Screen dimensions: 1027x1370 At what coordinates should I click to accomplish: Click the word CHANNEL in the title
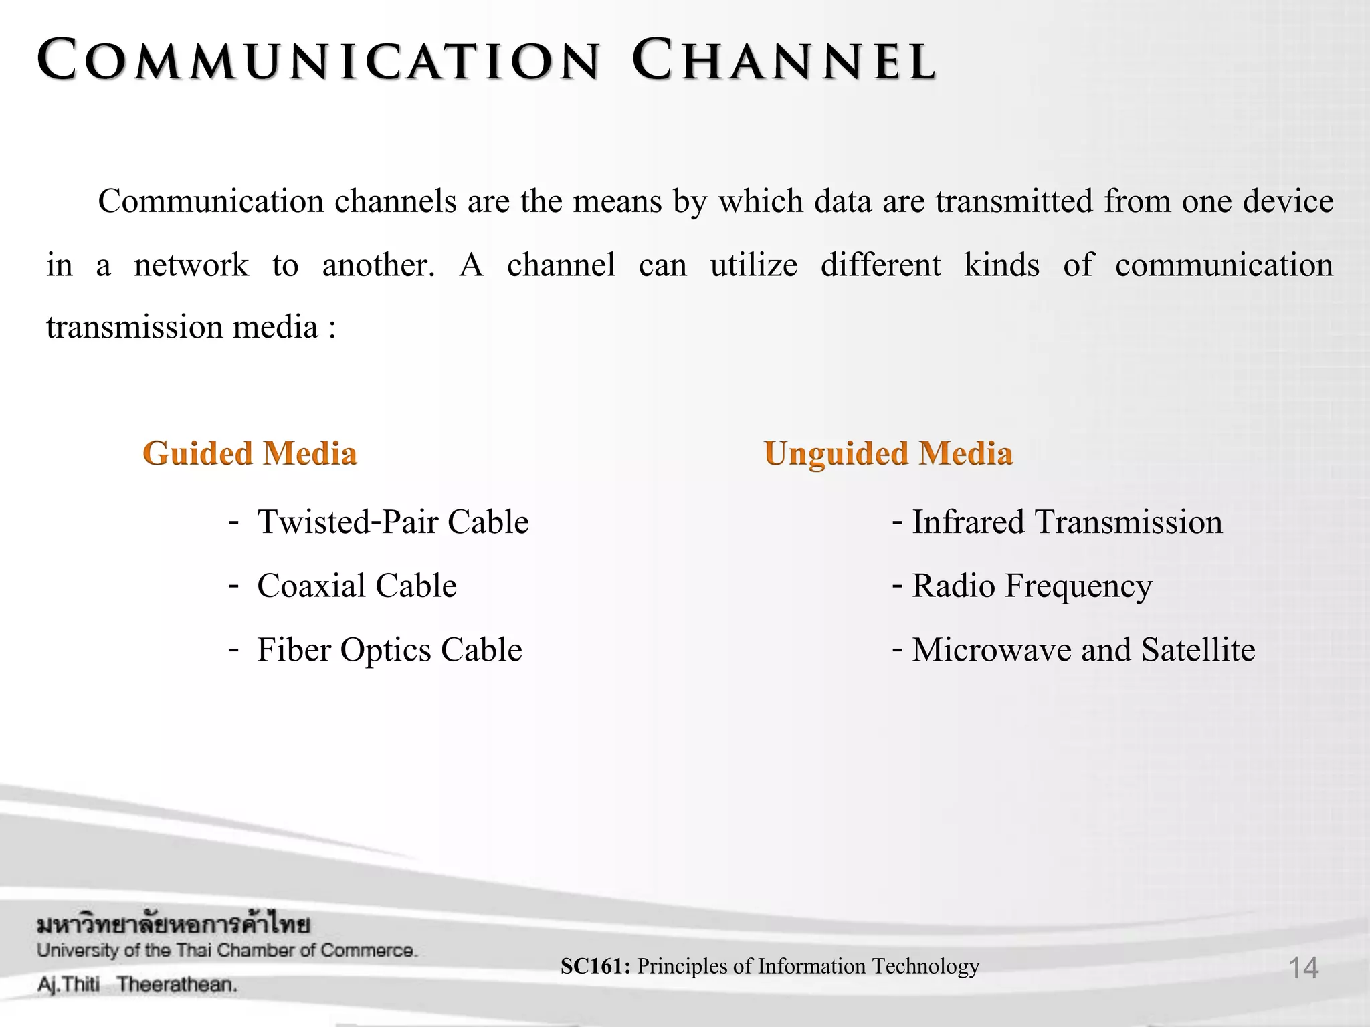point(784,61)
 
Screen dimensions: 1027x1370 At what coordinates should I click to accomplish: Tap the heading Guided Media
point(250,454)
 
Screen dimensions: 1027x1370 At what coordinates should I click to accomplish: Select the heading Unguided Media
point(888,454)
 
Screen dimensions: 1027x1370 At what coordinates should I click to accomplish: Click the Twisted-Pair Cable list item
point(393,522)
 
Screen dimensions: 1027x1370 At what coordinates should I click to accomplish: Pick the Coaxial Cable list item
point(357,586)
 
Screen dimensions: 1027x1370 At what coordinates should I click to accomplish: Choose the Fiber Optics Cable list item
point(389,650)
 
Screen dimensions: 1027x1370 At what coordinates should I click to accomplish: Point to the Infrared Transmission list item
point(1067,522)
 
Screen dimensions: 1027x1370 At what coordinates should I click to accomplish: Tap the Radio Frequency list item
point(1032,586)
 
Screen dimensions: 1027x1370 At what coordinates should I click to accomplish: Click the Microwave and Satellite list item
point(1083,650)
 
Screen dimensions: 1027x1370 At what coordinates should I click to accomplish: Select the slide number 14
point(1303,968)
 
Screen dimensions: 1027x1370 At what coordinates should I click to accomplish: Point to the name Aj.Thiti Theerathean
point(137,984)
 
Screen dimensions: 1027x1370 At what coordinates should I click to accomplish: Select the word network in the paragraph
point(191,265)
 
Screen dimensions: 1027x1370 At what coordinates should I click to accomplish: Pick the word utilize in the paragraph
point(753,265)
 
